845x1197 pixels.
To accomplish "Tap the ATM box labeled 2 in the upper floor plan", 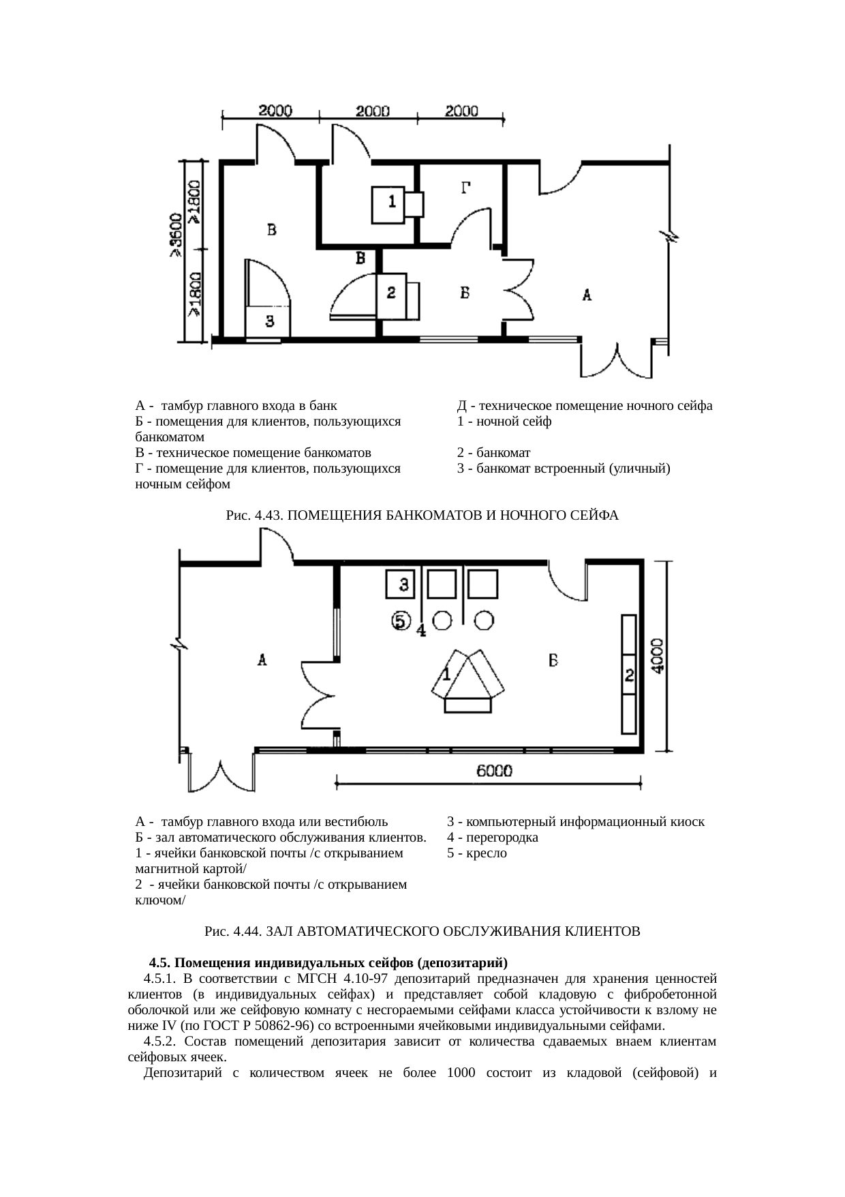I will coord(391,294).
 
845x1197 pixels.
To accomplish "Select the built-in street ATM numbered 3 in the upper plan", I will coord(270,319).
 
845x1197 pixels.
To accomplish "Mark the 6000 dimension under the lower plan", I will coord(494,771).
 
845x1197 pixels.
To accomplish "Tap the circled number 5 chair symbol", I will coord(401,621).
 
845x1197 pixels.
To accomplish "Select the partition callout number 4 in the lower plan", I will coord(421,631).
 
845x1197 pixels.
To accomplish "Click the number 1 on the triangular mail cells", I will coord(446,675).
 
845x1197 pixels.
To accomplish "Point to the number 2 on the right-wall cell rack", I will coord(630,676).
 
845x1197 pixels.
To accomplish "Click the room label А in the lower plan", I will coord(262,660).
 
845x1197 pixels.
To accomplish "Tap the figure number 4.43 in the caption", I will coord(268,516).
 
